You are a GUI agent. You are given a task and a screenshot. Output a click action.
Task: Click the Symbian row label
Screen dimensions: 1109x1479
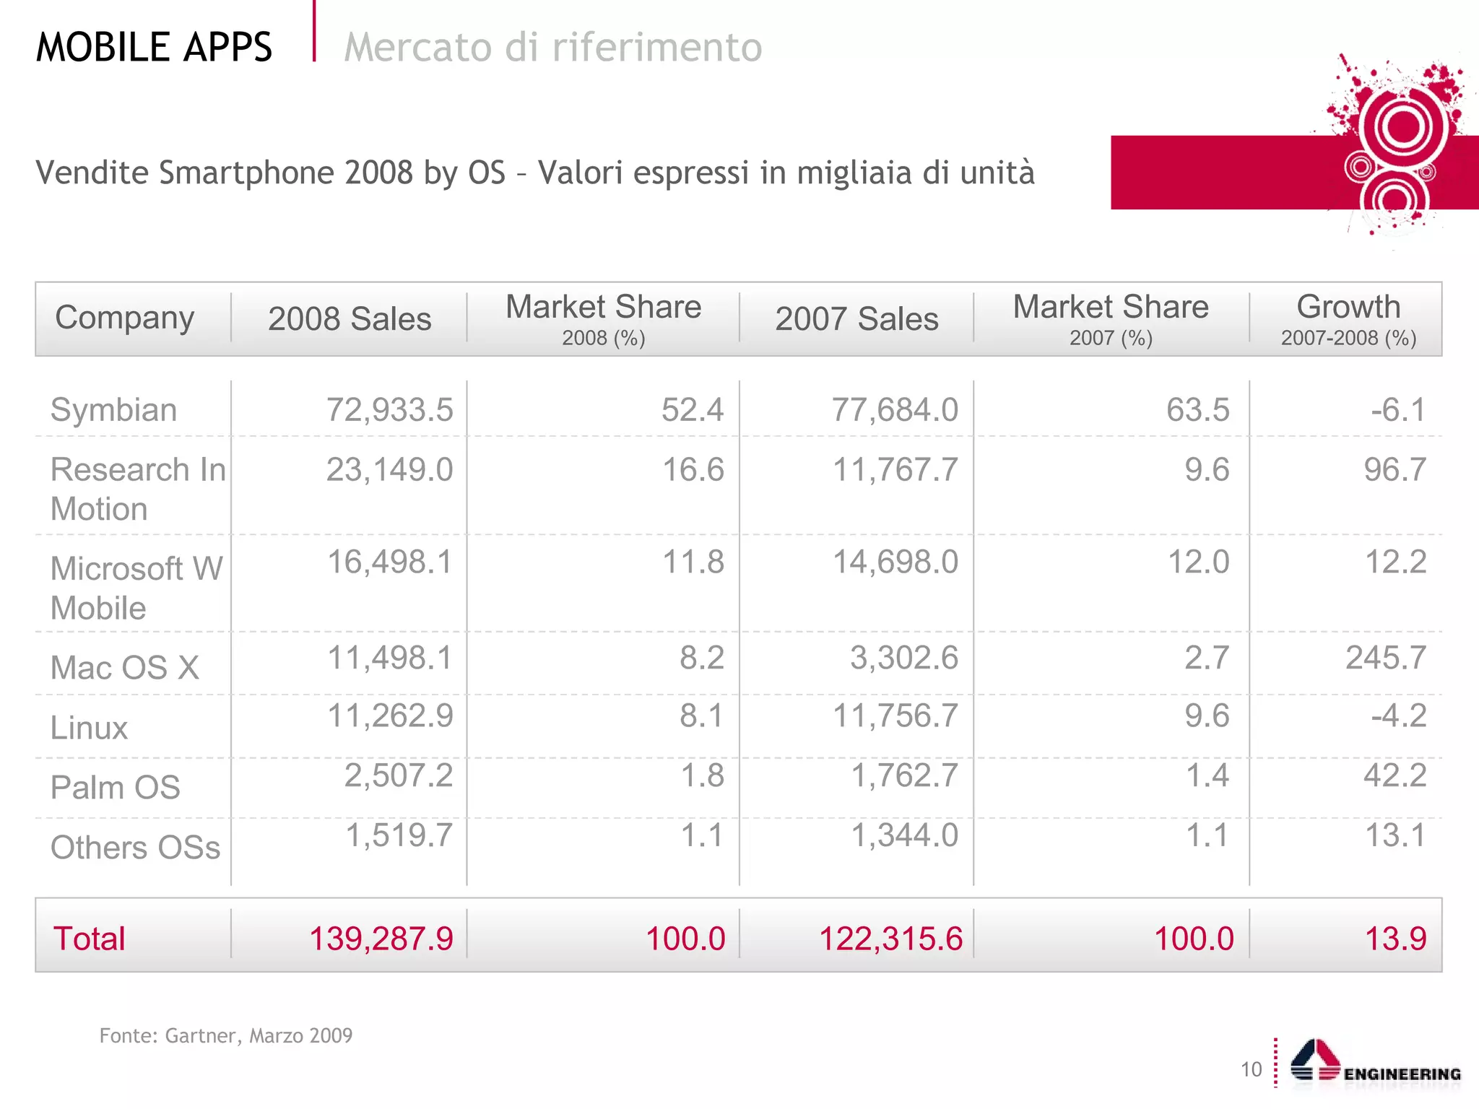(x=113, y=410)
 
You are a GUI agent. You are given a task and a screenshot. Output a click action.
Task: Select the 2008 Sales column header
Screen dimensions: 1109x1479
(x=350, y=319)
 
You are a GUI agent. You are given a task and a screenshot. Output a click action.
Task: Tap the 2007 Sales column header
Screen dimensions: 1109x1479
(x=856, y=319)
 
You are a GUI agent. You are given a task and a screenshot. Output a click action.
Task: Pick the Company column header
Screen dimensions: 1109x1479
(x=125, y=318)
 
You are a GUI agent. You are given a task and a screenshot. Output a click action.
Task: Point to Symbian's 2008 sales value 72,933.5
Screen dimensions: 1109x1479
(x=389, y=410)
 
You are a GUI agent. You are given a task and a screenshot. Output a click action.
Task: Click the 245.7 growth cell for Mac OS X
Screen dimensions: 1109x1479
(x=1385, y=658)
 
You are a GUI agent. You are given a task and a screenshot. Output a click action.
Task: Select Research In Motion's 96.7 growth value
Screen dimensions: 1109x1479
(x=1395, y=470)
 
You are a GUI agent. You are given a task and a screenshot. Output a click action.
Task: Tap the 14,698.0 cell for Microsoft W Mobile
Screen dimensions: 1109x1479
(x=895, y=562)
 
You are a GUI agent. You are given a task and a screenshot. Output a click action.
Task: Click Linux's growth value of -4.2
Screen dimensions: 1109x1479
(x=1399, y=716)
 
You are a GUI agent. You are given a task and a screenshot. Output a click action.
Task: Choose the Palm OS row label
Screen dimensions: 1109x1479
(x=116, y=788)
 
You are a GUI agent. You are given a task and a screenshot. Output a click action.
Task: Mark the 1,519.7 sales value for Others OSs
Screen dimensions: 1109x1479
(x=399, y=835)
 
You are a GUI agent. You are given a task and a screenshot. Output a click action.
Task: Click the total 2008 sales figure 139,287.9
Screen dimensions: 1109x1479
(x=381, y=939)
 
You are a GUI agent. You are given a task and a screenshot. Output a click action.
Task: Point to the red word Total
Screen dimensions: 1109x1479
(x=89, y=939)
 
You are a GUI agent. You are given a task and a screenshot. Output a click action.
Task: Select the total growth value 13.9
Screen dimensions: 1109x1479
(x=1395, y=939)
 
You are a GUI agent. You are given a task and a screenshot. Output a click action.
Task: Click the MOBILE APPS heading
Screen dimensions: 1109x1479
(x=154, y=48)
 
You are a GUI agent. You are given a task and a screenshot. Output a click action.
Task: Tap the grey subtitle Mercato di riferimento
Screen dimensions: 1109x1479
(x=552, y=48)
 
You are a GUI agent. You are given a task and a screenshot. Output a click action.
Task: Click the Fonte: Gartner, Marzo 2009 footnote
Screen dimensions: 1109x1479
(x=225, y=1035)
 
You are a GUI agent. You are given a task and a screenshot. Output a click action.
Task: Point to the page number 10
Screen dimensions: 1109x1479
(x=1251, y=1069)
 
